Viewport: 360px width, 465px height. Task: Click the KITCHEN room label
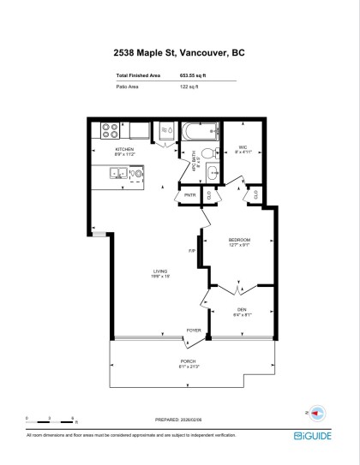tap(125, 149)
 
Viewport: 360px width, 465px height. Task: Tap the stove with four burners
tap(111, 131)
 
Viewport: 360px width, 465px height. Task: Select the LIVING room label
tap(160, 273)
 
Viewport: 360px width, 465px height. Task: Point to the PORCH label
tap(189, 363)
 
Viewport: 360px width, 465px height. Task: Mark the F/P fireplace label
tap(193, 250)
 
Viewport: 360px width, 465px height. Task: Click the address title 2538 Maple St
tap(179, 52)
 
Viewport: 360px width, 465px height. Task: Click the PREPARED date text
tap(180, 420)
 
